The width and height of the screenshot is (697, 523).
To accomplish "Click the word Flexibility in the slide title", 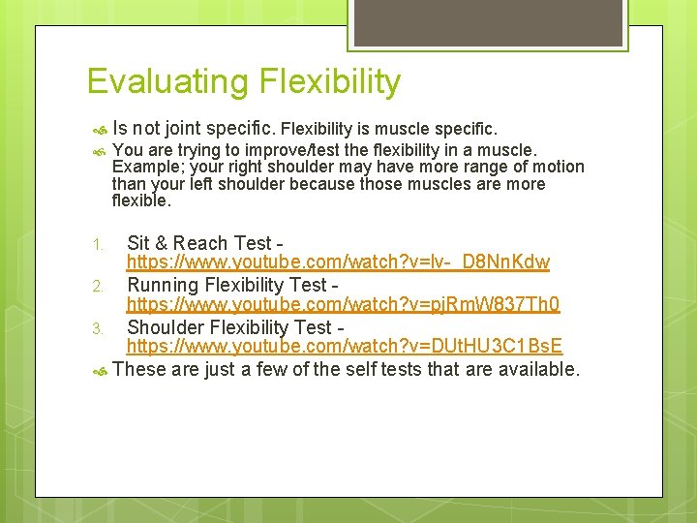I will (x=330, y=82).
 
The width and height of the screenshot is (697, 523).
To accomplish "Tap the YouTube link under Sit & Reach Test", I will (x=338, y=262).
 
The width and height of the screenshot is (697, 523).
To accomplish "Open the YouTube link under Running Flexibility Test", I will (x=343, y=305).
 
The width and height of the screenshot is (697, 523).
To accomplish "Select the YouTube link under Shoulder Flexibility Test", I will (x=345, y=347).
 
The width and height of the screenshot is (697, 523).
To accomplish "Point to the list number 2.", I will (x=97, y=287).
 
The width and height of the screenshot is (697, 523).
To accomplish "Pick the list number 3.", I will (x=97, y=329).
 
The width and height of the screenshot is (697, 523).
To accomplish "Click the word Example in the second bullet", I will (x=143, y=167).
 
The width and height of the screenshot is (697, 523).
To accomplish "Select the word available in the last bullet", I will (x=534, y=369).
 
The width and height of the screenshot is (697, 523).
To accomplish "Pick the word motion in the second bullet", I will (x=559, y=167).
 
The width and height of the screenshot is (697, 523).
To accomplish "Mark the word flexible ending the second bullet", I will (x=140, y=201).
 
